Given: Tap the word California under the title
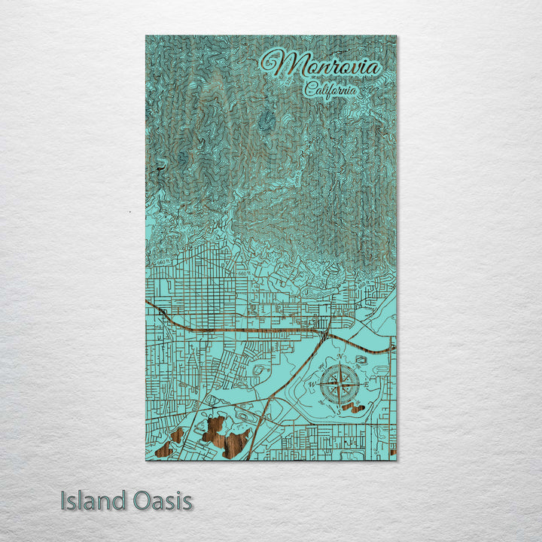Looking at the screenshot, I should coord(331,90).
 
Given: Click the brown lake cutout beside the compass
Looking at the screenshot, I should coord(350,408).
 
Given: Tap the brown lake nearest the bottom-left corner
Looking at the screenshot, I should coord(178,435).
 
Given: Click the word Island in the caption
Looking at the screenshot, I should coord(87,501).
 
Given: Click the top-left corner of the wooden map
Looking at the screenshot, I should coord(146,36).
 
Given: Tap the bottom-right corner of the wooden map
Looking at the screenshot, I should coord(396,460).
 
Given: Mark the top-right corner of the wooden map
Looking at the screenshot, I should coord(396,36).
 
